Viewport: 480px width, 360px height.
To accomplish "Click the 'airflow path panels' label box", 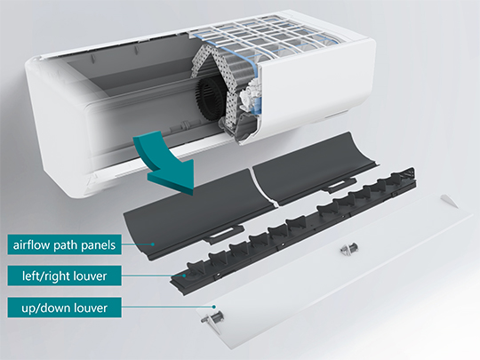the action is coord(64,244).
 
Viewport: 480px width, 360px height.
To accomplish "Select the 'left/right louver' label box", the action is coord(64,276).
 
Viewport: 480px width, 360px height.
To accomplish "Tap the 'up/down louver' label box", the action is coord(64,308).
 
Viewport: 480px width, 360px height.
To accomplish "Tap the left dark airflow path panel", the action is coord(196,212).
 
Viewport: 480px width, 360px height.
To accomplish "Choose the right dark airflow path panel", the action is coord(316,167).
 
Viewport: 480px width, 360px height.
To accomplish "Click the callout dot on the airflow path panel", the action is coord(153,244).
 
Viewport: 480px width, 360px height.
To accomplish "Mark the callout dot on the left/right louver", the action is coord(184,276).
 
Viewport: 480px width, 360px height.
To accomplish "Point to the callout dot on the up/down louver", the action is coord(214,307).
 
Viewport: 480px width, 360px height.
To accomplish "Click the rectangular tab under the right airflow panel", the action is coord(339,185).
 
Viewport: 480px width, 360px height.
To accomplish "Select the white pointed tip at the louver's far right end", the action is coord(450,201).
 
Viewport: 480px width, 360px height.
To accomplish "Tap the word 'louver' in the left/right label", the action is coord(91,276).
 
